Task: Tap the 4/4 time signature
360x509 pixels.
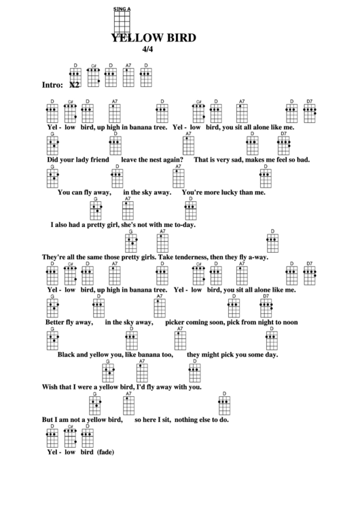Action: click(148, 50)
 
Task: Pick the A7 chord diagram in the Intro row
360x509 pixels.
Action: click(128, 75)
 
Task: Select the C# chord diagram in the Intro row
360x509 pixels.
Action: click(94, 75)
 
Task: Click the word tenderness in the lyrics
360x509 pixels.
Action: click(200, 257)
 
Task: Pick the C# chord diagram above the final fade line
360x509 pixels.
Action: click(70, 436)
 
